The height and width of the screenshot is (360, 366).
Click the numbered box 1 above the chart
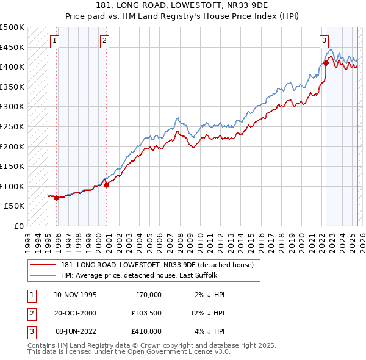point(55,41)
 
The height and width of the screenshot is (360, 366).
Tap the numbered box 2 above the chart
point(105,41)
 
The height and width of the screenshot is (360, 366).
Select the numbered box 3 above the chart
point(324,41)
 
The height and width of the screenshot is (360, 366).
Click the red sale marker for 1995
point(56,198)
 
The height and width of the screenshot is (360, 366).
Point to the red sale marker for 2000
point(106,185)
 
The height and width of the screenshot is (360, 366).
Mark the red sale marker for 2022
point(326,62)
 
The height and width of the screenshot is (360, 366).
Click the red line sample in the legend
point(43,264)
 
